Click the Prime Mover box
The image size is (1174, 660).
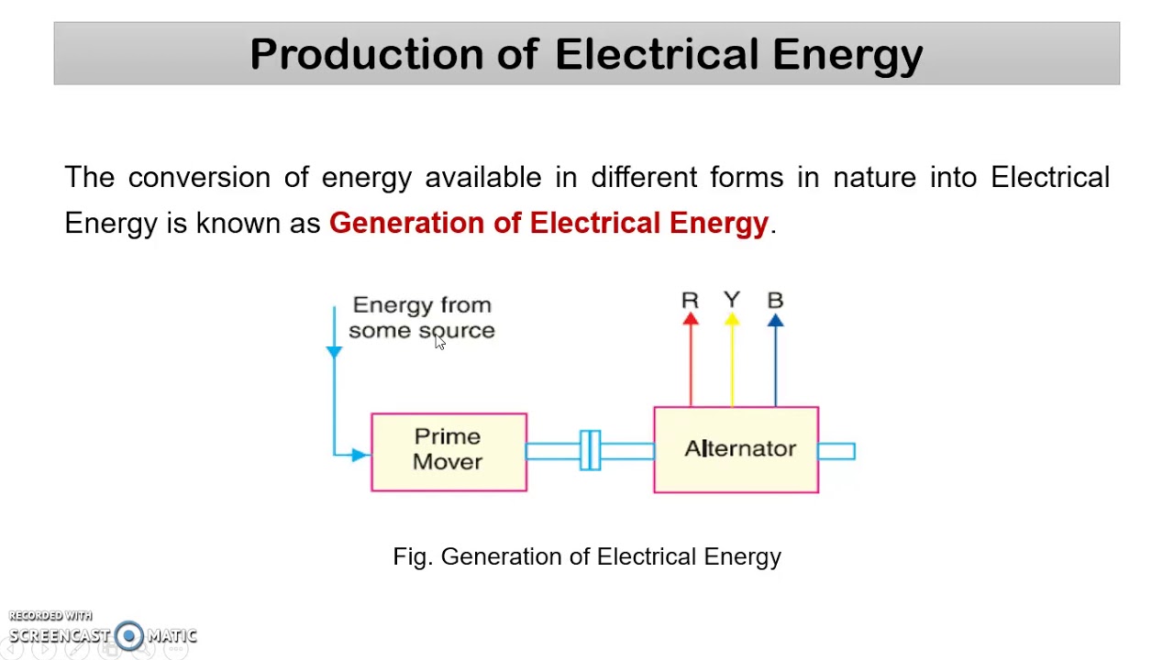click(x=449, y=452)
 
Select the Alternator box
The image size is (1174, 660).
click(x=736, y=450)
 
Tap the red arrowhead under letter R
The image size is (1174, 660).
click(x=691, y=318)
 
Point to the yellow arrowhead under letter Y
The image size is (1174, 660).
click(x=732, y=318)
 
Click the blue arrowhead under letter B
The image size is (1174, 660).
click(x=775, y=319)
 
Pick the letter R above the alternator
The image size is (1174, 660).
click(x=690, y=300)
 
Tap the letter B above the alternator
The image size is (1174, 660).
click(x=775, y=300)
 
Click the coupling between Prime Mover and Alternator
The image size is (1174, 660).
click(x=590, y=450)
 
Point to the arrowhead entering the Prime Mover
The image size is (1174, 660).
click(x=359, y=454)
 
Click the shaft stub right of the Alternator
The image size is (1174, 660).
click(x=836, y=450)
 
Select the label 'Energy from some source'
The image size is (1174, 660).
click(x=422, y=317)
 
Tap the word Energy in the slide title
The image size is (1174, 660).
click(x=847, y=55)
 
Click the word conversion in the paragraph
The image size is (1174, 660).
click(x=199, y=177)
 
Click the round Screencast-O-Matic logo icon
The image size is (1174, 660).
click(x=129, y=635)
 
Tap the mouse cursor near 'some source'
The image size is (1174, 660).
click(x=439, y=341)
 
